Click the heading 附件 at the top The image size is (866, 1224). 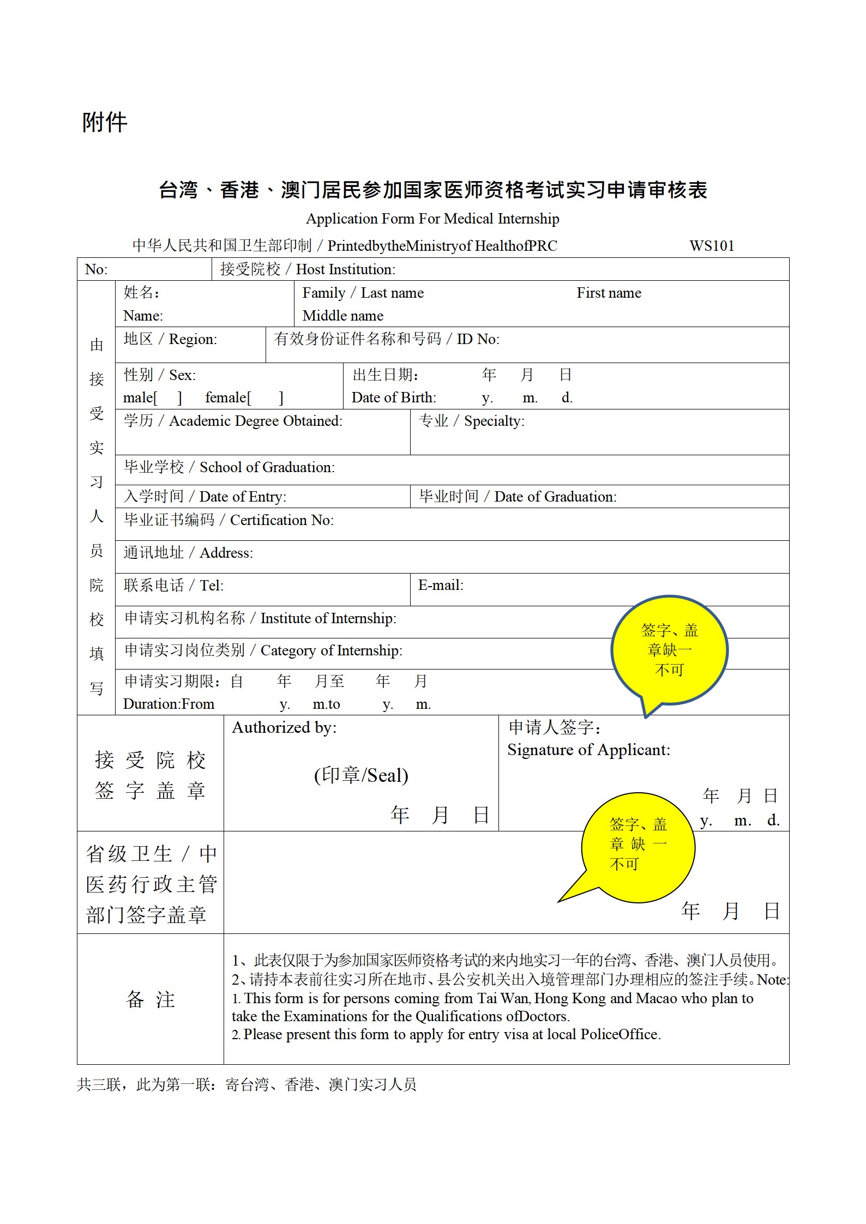coord(104,123)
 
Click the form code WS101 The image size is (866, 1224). coord(711,246)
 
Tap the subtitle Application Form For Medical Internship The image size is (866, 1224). coord(432,219)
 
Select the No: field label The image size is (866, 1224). coord(97,269)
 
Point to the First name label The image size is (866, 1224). coord(609,293)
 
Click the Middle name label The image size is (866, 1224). coord(343,316)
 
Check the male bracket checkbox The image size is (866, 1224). coord(168,397)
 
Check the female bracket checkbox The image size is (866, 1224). coord(266,397)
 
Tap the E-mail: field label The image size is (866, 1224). coord(441,585)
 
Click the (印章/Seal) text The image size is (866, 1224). coord(361,775)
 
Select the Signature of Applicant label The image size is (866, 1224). coord(588,750)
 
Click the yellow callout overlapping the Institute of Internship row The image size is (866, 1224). coord(669,649)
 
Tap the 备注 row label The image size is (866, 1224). coord(151,999)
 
